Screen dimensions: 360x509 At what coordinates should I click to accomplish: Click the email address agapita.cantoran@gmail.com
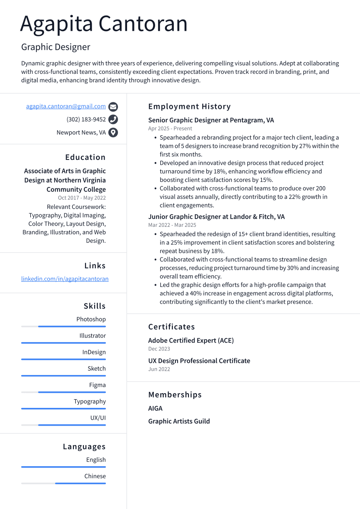pos(66,106)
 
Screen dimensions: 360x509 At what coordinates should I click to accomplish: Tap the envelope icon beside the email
pos(113,107)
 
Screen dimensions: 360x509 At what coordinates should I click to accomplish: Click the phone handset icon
pos(113,120)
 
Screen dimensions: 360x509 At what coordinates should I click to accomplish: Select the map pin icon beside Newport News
pos(113,133)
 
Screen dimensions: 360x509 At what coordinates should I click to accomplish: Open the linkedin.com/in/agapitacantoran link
pos(65,279)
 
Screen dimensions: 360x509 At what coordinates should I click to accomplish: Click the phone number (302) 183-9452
pos(86,119)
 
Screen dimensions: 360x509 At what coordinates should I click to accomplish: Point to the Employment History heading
pos(189,106)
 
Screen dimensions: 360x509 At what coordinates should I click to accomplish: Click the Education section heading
pos(85,157)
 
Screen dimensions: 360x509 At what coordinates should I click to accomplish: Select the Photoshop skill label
pos(91,319)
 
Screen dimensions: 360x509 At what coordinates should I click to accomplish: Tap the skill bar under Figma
pos(64,392)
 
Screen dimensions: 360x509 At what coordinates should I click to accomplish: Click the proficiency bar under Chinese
pos(64,484)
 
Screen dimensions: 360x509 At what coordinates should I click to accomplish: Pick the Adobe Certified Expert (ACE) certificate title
pos(191,340)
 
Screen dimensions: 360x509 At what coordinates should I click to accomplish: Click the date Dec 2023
pos(159,349)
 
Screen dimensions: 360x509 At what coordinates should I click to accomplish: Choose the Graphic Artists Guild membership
pos(179,421)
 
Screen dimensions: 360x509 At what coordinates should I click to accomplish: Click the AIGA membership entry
pos(155,408)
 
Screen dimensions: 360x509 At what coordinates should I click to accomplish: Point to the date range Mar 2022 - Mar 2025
pos(172,225)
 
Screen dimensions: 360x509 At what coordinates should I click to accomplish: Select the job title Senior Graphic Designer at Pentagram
pos(211,120)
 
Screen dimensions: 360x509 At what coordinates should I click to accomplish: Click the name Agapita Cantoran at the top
pos(104,24)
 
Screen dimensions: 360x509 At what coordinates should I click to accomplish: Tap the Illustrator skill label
pos(92,335)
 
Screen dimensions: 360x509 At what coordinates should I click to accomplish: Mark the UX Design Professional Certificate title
pos(199,361)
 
